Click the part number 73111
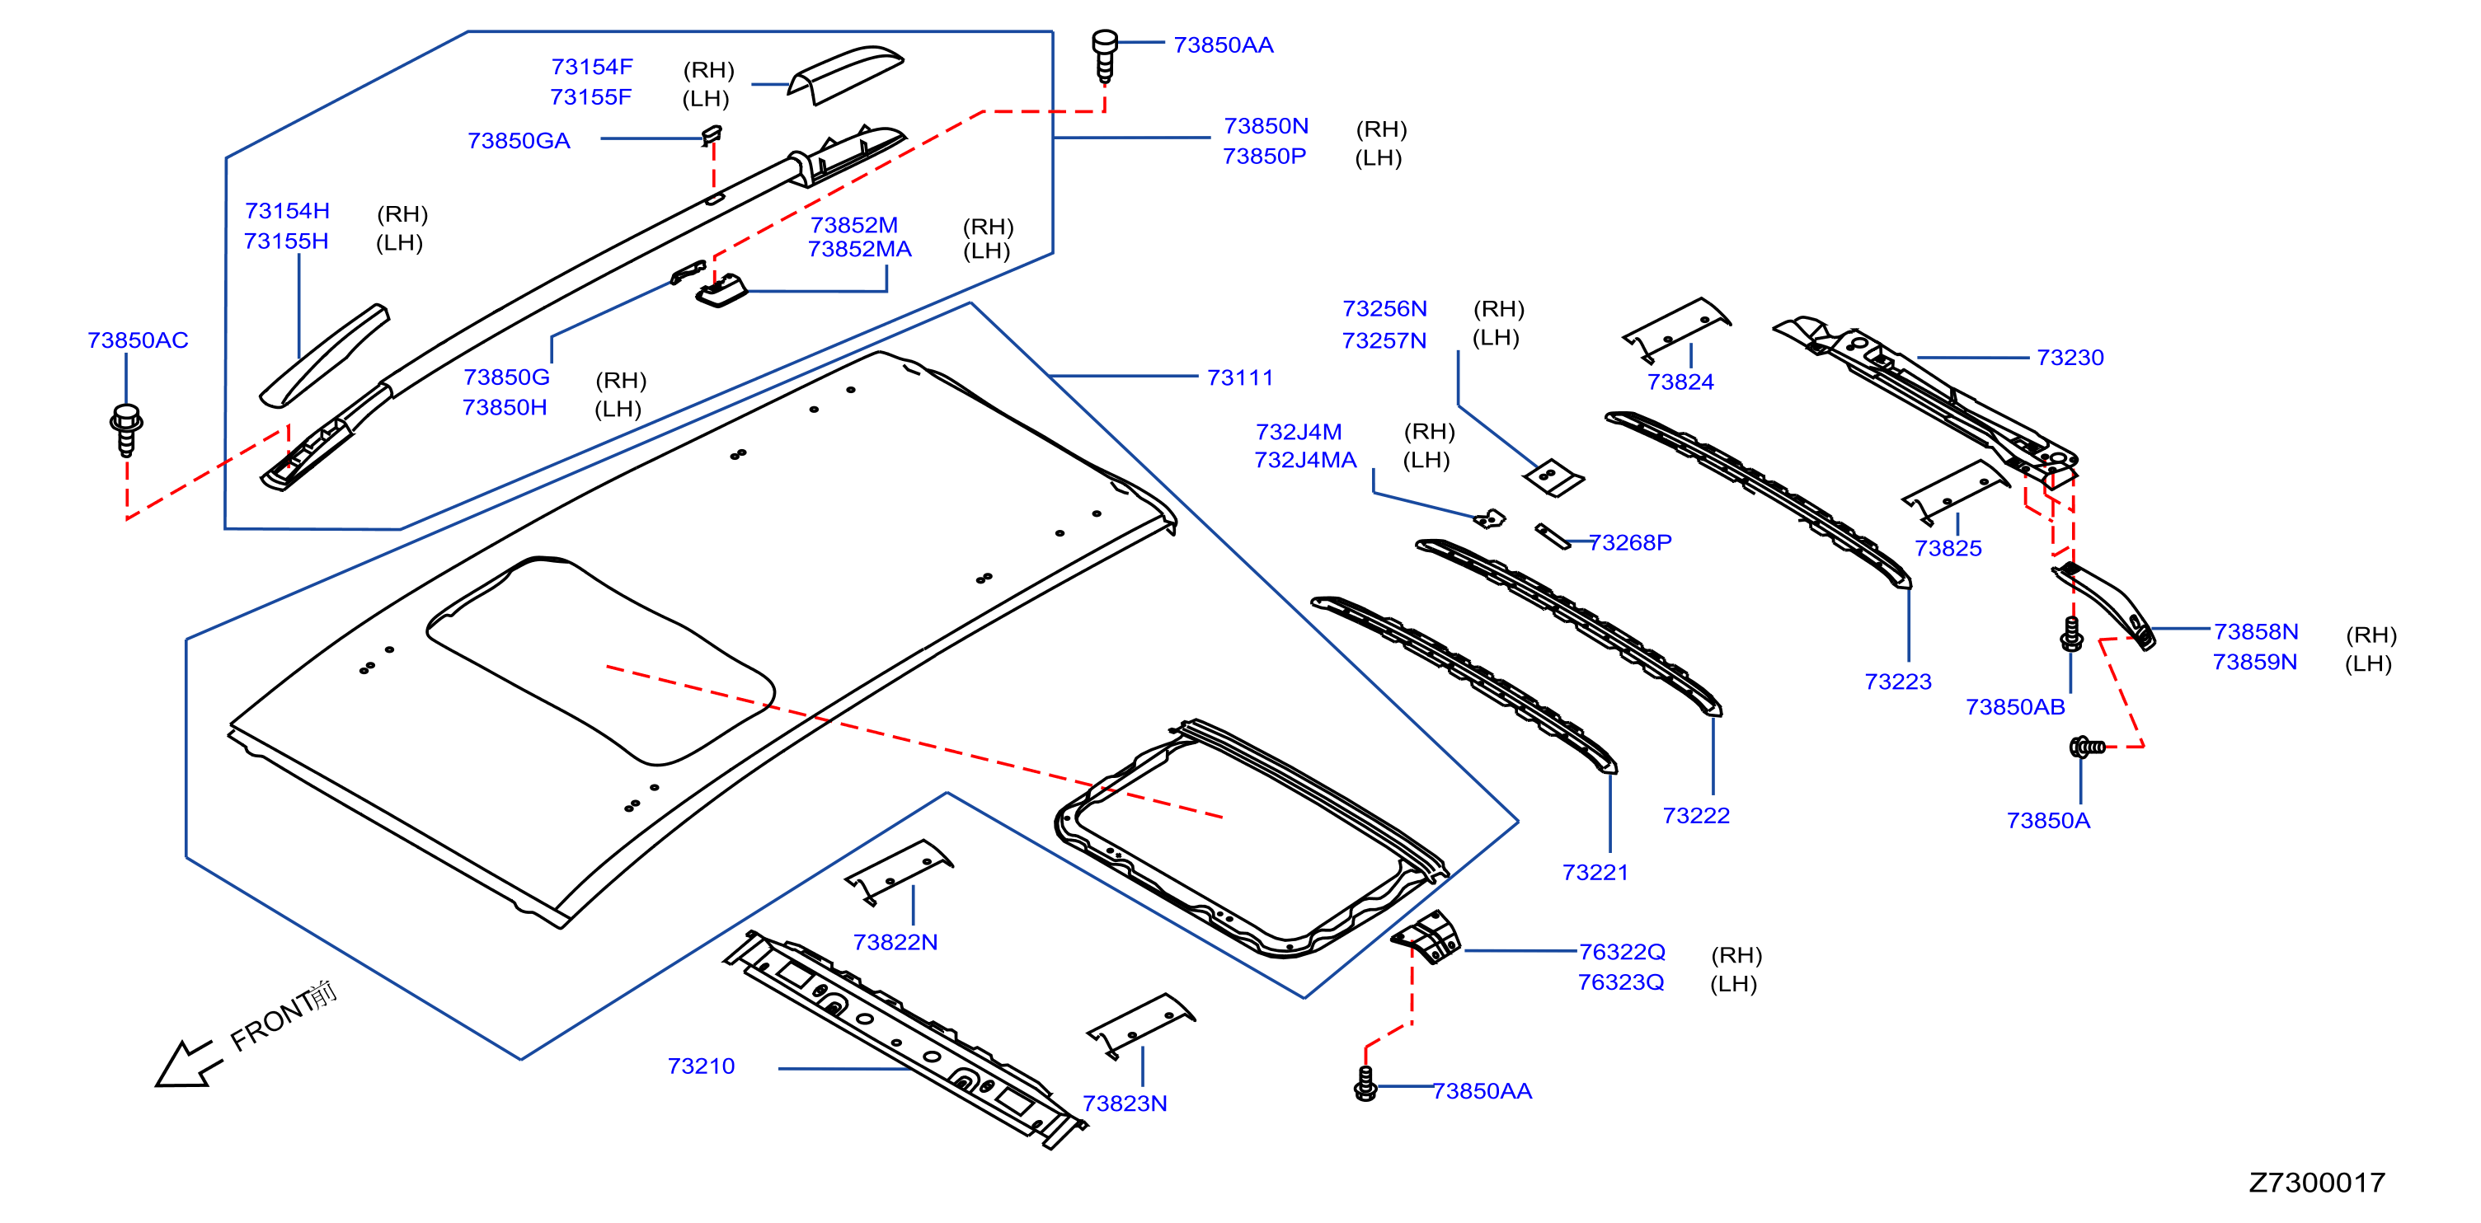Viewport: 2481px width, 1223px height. [1239, 377]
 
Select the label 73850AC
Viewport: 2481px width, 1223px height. [138, 340]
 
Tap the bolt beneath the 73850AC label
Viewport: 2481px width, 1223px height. [126, 429]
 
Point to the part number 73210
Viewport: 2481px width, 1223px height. [700, 1066]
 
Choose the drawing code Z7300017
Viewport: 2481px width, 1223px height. [2316, 1183]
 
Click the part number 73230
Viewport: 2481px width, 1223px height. [2070, 358]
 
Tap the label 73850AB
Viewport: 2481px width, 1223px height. [2015, 707]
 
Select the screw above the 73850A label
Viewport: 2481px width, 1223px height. [2087, 747]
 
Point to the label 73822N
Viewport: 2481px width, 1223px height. [895, 942]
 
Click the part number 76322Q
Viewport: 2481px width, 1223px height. [1622, 951]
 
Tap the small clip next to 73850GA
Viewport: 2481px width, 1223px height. [712, 135]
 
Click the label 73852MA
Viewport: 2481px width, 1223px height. [859, 248]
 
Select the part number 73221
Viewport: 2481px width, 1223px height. [1595, 873]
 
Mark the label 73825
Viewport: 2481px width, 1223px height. [1948, 548]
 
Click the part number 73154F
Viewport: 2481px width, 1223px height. [591, 67]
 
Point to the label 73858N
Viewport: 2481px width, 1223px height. [2256, 632]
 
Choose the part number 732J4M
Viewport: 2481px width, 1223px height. [1299, 431]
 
